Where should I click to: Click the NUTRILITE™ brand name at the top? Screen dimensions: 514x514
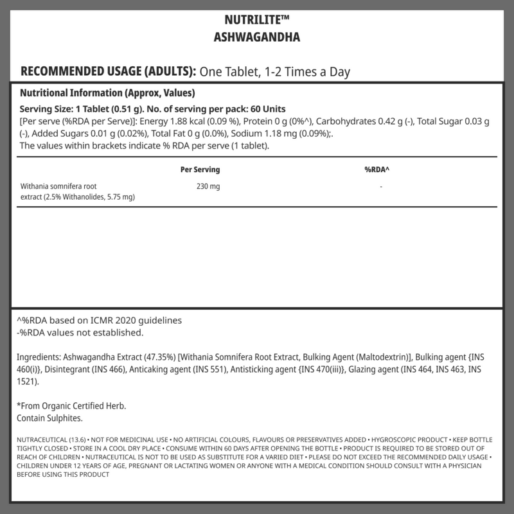[x=256, y=19]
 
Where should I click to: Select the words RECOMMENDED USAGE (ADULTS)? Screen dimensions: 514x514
[x=109, y=71]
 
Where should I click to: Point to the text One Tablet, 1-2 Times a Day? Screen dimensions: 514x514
[x=275, y=71]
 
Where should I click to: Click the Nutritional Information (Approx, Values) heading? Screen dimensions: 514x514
[x=99, y=93]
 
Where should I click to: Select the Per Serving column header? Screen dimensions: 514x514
[x=200, y=170]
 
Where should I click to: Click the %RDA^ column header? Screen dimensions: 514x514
[x=377, y=170]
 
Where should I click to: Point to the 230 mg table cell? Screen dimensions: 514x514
[x=207, y=186]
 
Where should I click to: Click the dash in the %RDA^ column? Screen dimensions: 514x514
[x=381, y=186]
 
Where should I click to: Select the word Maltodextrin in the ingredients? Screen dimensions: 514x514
[x=382, y=357]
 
